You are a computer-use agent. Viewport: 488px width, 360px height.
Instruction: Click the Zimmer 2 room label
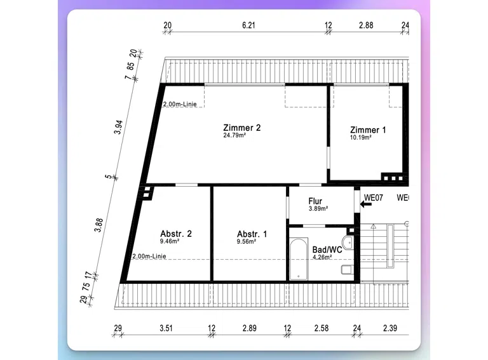click(242, 128)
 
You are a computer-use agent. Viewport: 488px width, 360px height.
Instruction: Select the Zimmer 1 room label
click(368, 130)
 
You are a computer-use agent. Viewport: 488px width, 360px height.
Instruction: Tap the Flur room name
click(315, 201)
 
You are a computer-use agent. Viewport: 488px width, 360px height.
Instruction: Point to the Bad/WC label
click(327, 250)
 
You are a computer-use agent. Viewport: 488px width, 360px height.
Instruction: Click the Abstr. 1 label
click(252, 234)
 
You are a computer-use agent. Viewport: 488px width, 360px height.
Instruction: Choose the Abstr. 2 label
click(176, 234)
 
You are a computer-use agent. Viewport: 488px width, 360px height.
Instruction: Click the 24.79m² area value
click(234, 135)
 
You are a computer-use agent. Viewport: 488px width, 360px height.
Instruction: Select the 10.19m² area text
click(360, 137)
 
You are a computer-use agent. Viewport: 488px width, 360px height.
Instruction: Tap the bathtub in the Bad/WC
click(299, 259)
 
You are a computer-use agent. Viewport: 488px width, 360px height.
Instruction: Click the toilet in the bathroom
click(347, 270)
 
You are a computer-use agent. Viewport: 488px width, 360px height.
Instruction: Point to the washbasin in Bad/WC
click(348, 243)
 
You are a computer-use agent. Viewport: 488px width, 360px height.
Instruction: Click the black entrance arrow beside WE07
click(366, 204)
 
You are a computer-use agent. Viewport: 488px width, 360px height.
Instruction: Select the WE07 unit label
click(374, 197)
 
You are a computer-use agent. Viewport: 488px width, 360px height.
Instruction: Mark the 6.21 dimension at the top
click(248, 25)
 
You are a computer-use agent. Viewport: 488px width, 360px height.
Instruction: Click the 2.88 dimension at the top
click(366, 25)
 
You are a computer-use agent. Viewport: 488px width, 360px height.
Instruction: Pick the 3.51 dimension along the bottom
click(166, 328)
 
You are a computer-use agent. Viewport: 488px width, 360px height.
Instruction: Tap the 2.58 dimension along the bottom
click(321, 328)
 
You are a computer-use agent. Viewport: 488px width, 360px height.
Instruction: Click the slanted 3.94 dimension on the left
click(118, 127)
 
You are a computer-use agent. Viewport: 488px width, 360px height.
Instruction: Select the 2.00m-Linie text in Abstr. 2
click(149, 256)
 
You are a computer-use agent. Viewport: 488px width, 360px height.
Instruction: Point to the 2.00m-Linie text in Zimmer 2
click(180, 104)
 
